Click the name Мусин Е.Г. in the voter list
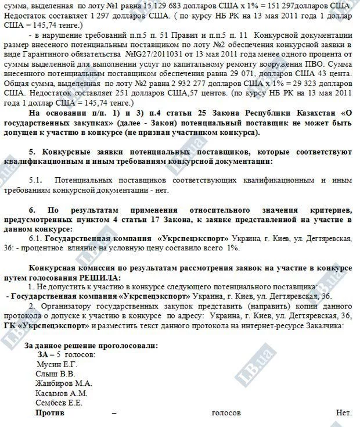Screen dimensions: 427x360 56,364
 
